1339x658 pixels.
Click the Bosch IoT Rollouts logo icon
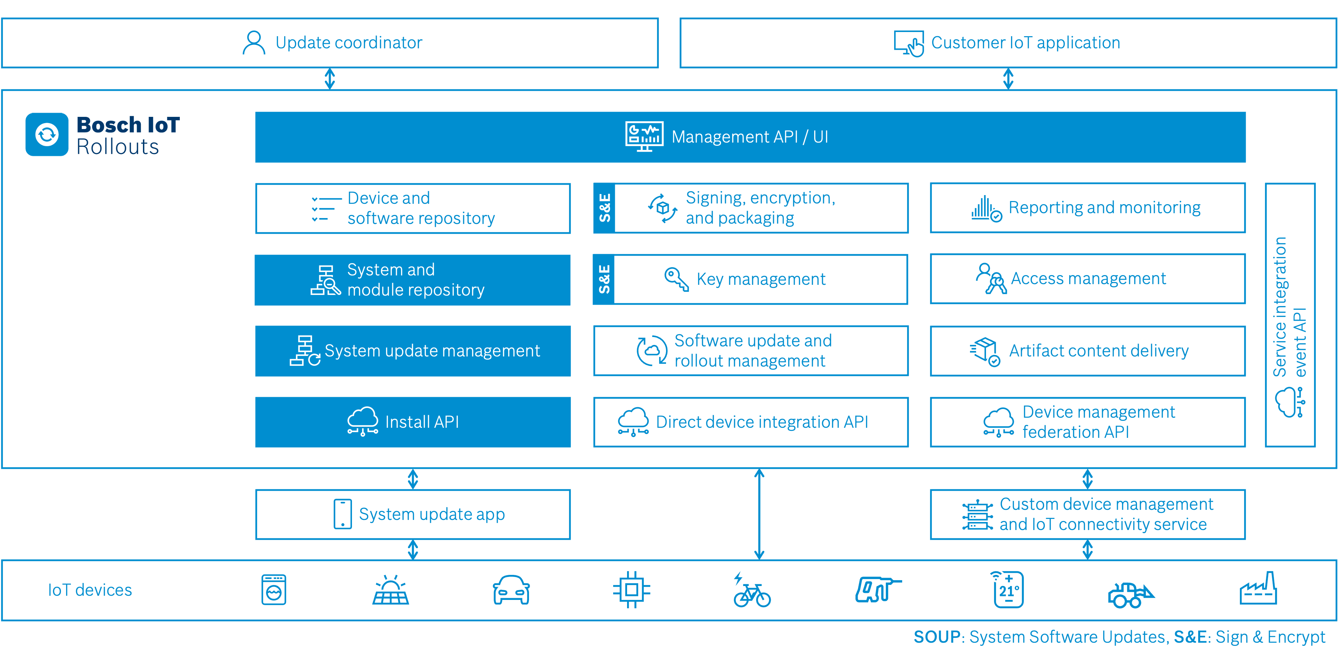pos(47,135)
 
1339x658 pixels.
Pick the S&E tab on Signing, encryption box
pos(604,208)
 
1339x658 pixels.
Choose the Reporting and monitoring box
pos(1088,208)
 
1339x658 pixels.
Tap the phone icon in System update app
pos(343,514)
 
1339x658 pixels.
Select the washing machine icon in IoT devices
pos(274,590)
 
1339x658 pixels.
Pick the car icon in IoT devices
pos(511,591)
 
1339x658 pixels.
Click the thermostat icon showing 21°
pos(1008,589)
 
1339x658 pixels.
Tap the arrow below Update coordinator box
pos(330,79)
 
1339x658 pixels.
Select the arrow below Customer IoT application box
pos(1008,79)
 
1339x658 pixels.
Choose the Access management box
pos(1088,279)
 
